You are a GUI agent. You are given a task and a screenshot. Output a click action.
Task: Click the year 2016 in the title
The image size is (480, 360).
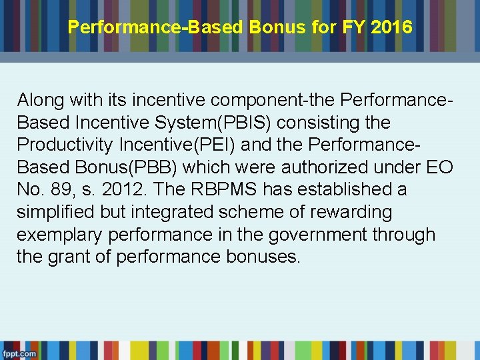click(x=393, y=28)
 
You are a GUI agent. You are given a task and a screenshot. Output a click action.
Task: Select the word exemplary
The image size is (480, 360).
click(x=60, y=235)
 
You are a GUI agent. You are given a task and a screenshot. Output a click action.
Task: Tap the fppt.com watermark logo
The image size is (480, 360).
click(x=19, y=353)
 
